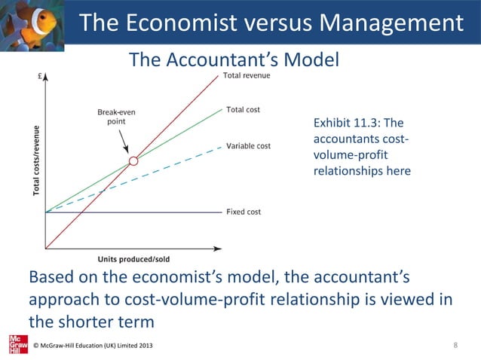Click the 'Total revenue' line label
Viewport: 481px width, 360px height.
247,76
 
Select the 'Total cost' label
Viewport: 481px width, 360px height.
243,110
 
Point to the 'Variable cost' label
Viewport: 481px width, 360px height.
248,145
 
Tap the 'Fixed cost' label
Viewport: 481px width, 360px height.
244,212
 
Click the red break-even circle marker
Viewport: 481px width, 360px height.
133,160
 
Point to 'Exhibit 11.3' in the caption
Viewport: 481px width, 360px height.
345,123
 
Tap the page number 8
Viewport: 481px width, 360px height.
455,345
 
